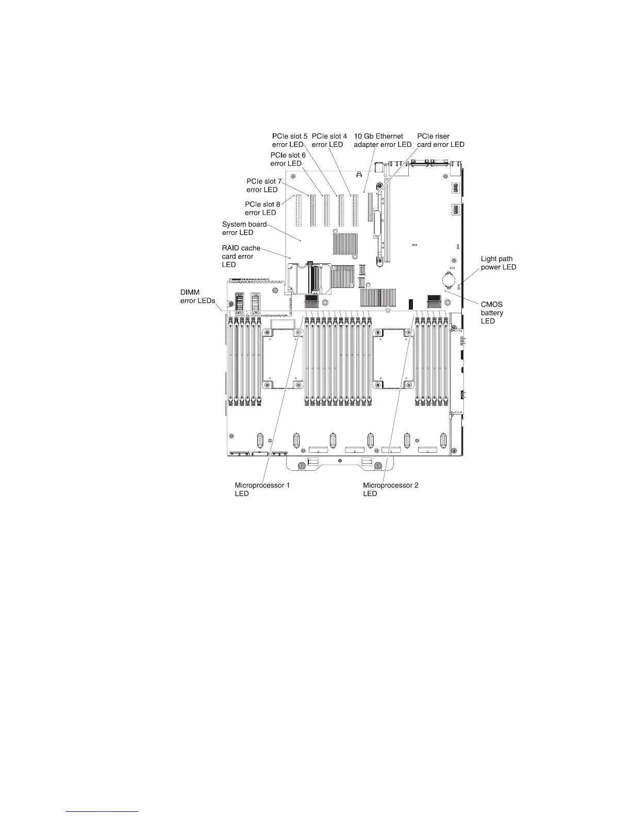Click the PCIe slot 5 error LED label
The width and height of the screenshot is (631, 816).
(x=290, y=141)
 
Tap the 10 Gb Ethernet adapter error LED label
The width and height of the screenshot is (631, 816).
(x=383, y=141)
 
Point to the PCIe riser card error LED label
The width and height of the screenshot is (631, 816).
(x=440, y=141)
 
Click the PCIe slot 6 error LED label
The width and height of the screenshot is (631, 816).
(x=288, y=159)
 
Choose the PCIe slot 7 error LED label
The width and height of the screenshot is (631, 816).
(x=264, y=185)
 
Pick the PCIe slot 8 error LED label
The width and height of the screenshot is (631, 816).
(x=262, y=208)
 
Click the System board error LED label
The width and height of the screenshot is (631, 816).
(x=244, y=228)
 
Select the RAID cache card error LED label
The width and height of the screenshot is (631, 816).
(x=241, y=256)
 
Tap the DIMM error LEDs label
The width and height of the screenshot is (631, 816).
(x=197, y=297)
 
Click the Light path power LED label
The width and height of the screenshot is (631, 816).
(x=498, y=263)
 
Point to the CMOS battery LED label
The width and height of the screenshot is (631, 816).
(x=492, y=313)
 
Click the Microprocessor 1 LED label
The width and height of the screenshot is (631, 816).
(x=262, y=489)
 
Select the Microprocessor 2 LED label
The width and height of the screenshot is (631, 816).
(x=390, y=489)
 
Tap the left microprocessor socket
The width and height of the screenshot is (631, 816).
(x=282, y=359)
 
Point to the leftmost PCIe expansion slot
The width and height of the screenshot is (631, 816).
(x=297, y=211)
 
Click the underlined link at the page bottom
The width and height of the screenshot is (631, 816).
(x=103, y=811)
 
